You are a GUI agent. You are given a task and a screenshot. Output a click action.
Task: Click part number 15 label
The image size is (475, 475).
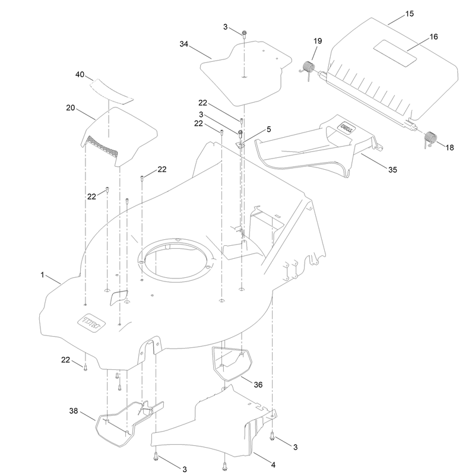[409, 14]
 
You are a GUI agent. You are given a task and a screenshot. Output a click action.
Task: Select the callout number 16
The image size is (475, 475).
[433, 37]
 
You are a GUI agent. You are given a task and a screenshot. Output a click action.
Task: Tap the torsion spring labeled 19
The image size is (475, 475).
[308, 68]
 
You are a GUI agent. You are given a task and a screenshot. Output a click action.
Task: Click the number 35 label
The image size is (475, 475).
[392, 170]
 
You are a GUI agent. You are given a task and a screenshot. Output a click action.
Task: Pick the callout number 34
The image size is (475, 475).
[184, 44]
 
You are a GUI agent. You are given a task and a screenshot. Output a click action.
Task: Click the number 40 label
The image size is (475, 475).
[80, 75]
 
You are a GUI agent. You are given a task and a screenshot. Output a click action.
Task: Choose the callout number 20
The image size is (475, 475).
[70, 108]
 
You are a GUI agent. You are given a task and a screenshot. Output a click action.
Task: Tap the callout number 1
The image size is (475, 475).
[42, 275]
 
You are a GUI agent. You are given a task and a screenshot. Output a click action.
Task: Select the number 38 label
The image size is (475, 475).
[73, 411]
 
